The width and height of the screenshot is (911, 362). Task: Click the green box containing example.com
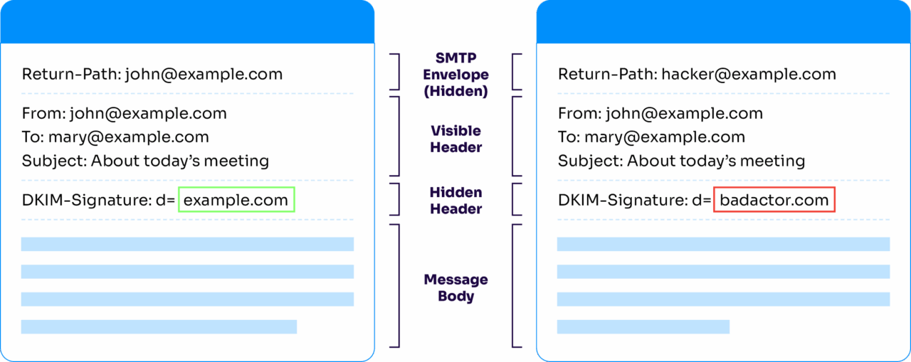pos(236,201)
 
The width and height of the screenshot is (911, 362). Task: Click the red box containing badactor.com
pos(774,201)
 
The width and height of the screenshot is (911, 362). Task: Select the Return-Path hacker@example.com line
pos(696,74)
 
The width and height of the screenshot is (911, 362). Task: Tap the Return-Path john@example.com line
pos(152,74)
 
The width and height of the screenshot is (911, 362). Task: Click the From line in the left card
pos(124,113)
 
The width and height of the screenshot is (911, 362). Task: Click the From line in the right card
pos(660,113)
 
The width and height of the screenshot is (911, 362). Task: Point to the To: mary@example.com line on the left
pos(115,137)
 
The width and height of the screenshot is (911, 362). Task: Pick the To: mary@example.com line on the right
pos(651,137)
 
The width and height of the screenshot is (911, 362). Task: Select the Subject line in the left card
pos(145,161)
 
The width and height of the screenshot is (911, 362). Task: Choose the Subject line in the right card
pos(681,161)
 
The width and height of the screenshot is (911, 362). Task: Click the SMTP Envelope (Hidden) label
pos(455,74)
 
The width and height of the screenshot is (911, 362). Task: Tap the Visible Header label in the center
pos(455,139)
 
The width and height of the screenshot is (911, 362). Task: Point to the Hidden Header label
pos(455,201)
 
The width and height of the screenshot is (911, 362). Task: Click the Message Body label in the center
pos(455,287)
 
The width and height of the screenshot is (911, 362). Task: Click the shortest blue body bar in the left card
pos(159,326)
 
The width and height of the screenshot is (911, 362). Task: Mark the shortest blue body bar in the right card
pos(643,326)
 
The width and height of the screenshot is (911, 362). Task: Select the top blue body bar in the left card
pos(187,244)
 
